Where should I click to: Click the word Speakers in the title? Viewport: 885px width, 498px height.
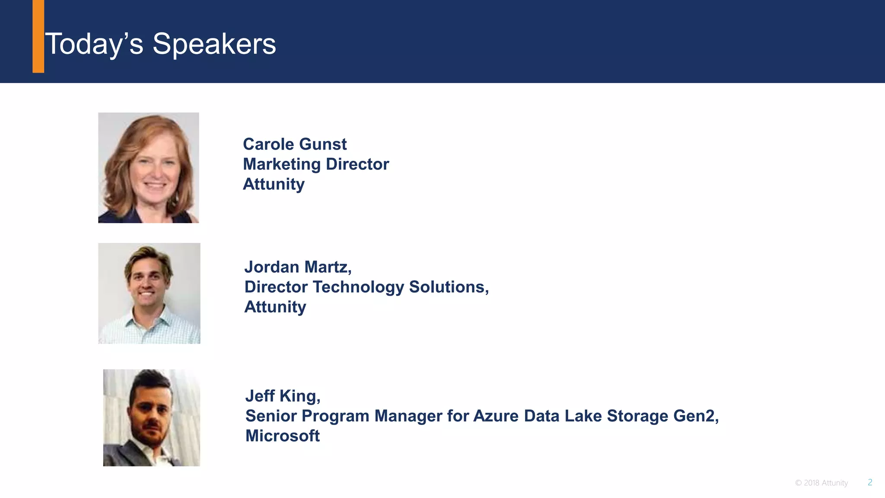[x=214, y=44]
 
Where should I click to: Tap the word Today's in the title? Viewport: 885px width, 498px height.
[x=94, y=44]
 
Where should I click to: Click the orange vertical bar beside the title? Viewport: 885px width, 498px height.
[x=38, y=36]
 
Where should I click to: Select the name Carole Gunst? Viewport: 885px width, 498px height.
[x=294, y=144]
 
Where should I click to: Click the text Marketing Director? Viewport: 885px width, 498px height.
[x=315, y=164]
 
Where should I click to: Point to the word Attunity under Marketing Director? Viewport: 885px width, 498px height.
[x=274, y=184]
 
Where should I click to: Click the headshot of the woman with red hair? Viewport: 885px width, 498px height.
[x=148, y=168]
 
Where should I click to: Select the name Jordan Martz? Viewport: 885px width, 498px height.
[x=297, y=267]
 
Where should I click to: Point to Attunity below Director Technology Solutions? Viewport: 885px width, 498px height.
[x=275, y=307]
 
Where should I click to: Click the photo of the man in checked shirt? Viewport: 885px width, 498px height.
[x=149, y=293]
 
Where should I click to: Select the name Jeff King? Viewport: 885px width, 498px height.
[x=282, y=396]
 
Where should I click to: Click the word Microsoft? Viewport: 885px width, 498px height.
[x=282, y=436]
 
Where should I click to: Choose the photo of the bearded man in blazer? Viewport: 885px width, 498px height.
[x=151, y=418]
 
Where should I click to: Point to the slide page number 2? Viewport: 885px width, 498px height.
[x=870, y=482]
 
